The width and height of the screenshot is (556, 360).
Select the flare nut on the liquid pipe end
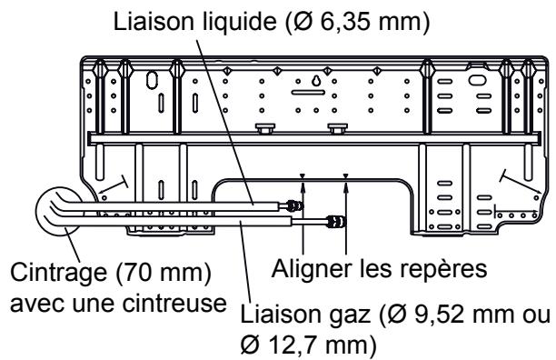pos(293,208)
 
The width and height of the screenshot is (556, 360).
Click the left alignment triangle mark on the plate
pos(303,176)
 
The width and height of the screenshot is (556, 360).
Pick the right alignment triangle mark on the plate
pos(346,176)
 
